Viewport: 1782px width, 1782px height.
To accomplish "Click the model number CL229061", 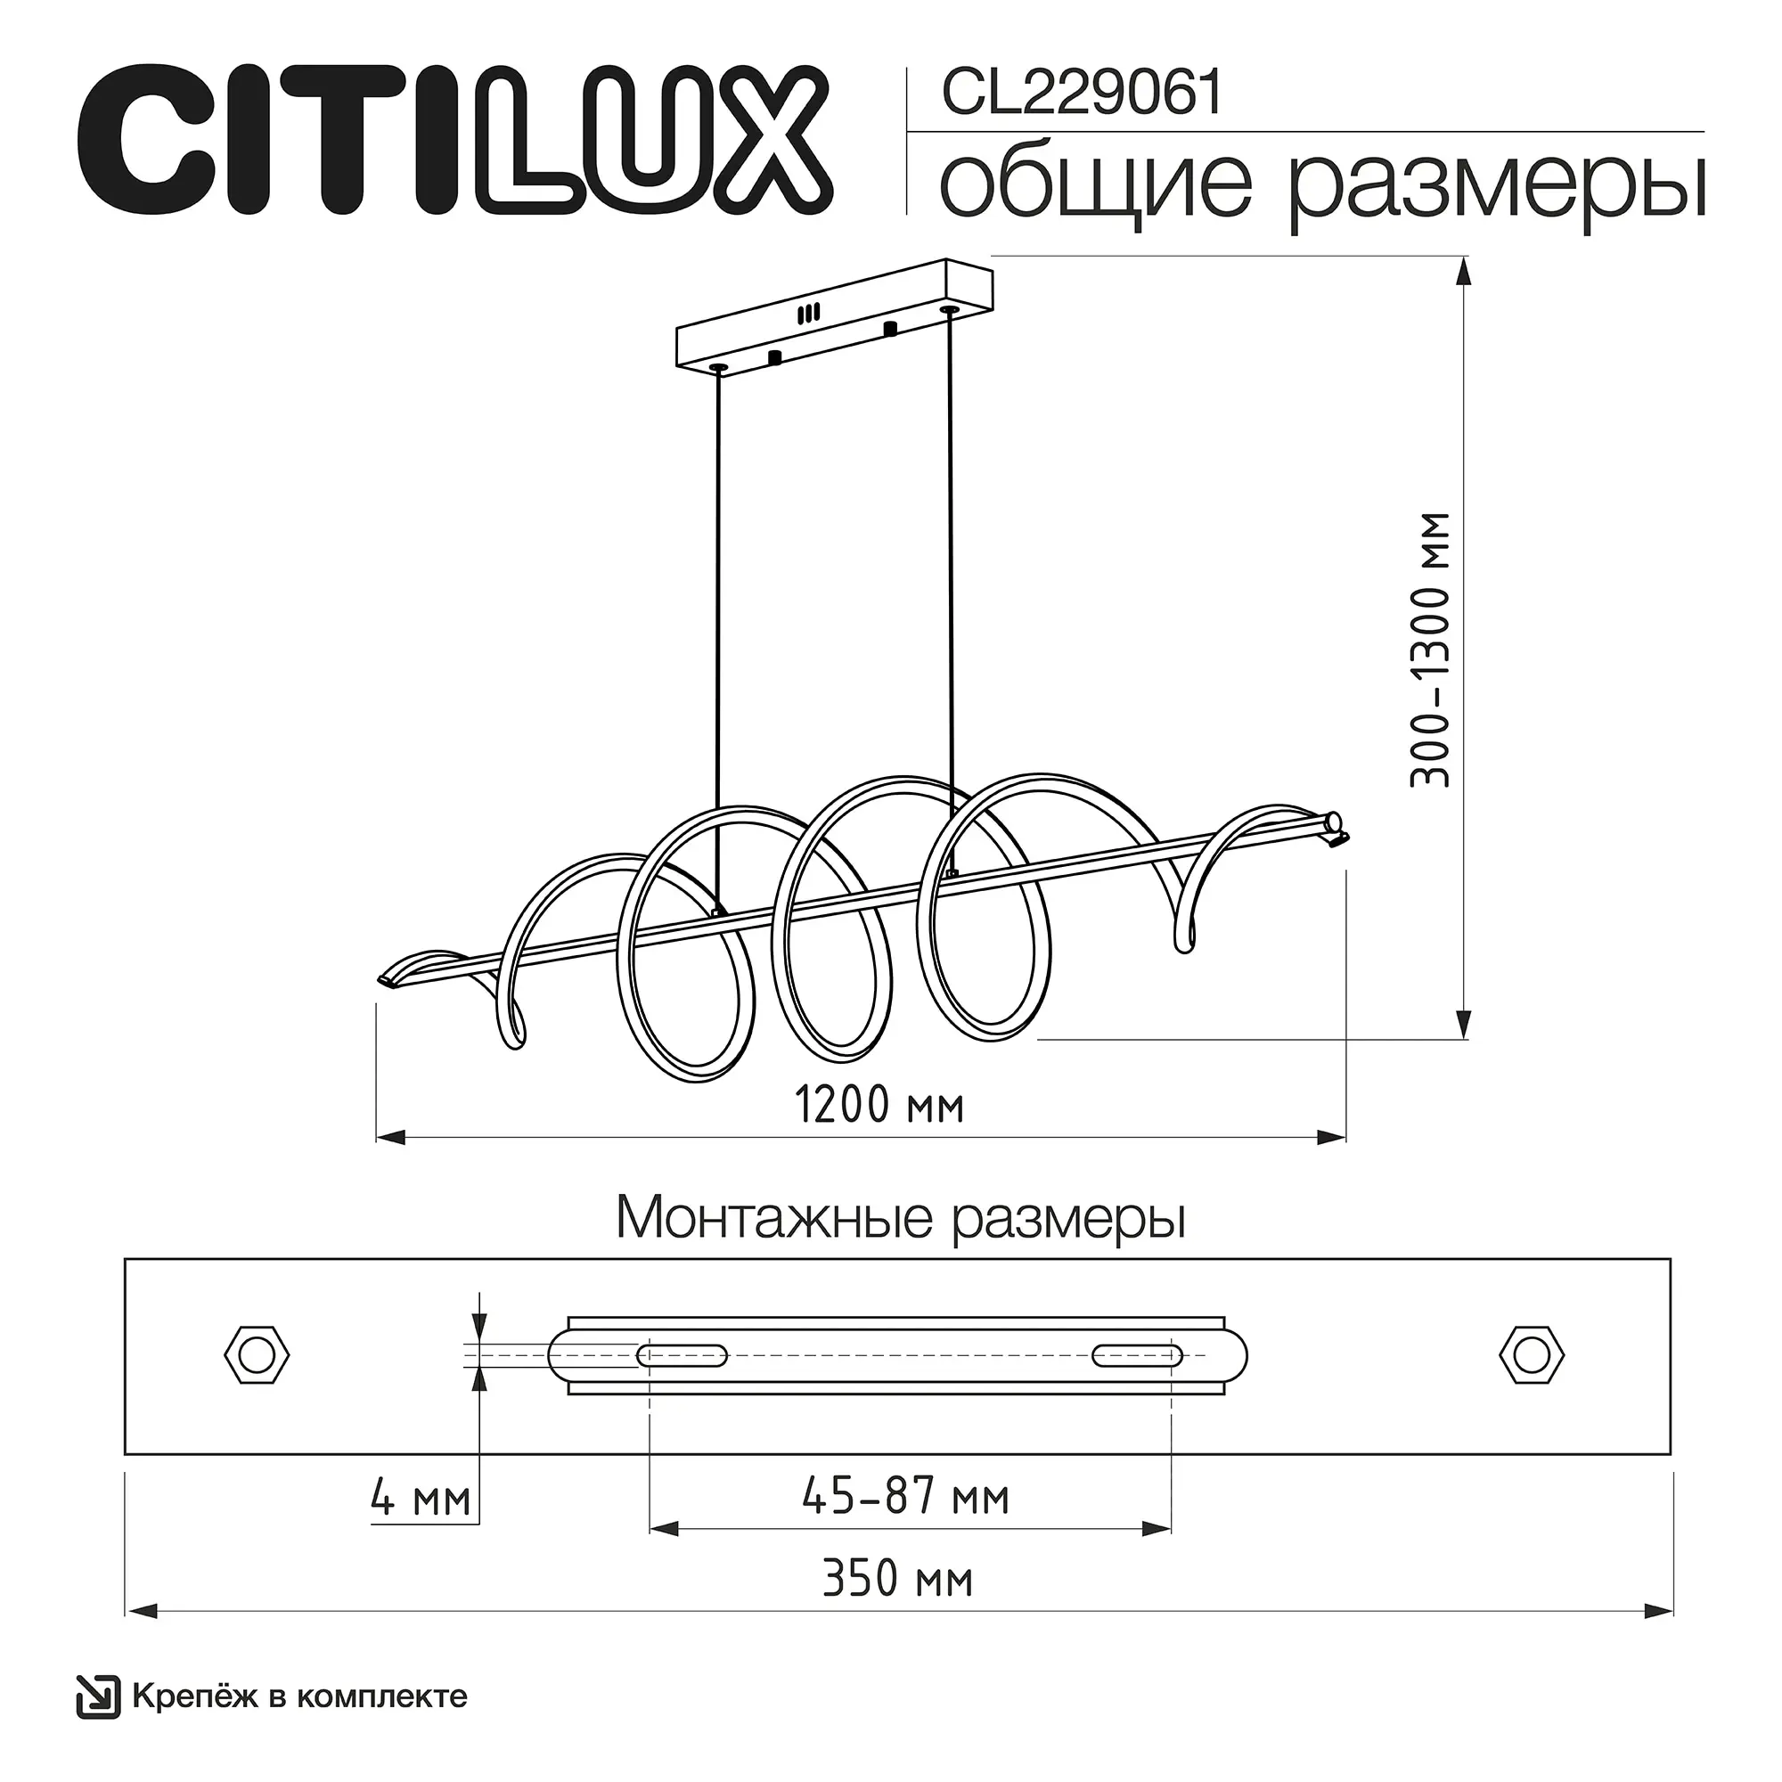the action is coord(1081,94).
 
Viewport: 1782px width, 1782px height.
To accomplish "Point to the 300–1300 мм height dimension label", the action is coord(1431,650).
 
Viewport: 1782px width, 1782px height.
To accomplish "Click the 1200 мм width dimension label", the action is coord(879,1105).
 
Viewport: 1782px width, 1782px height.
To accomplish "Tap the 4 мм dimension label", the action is coord(421,1499).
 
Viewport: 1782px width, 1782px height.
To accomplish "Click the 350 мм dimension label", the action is coord(896,1580).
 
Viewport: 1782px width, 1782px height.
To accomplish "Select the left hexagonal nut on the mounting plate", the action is coord(257,1356).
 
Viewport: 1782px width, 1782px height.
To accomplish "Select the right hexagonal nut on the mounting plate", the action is coord(1532,1356).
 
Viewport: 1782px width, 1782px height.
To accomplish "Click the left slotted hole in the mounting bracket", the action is coord(683,1356).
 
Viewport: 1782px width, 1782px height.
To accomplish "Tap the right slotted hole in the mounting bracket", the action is coord(1136,1356).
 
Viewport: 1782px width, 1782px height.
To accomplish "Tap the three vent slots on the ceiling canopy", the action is coord(809,313).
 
